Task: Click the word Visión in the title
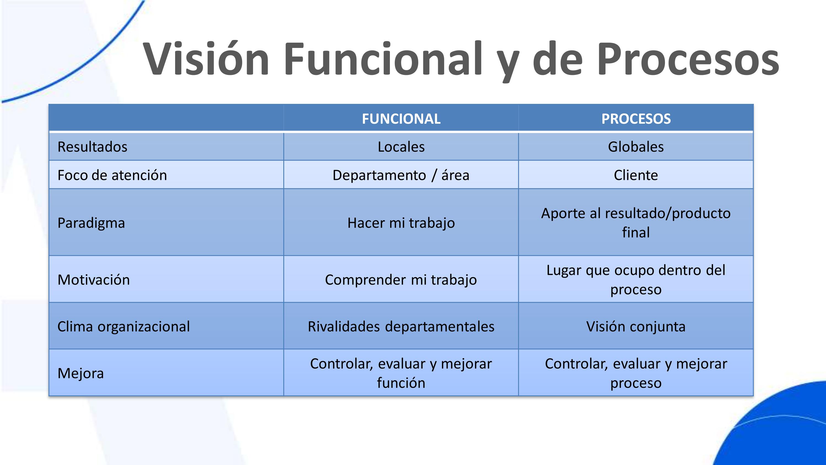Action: (206, 58)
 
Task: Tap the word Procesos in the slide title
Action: (688, 58)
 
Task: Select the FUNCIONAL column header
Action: (401, 119)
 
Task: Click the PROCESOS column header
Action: (636, 119)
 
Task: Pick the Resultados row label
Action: (92, 147)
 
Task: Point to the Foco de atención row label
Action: (112, 175)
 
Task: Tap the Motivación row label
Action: (94, 280)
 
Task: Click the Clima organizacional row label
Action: (123, 327)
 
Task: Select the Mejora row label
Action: (80, 374)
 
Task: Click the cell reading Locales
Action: (401, 147)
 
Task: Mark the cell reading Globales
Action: (636, 147)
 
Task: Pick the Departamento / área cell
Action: (401, 175)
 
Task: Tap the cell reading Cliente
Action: (636, 175)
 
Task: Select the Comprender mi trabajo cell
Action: (401, 280)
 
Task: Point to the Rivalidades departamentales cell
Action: (401, 327)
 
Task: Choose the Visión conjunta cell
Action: (636, 327)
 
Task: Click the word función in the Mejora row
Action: (401, 383)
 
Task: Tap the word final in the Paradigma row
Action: (636, 232)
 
